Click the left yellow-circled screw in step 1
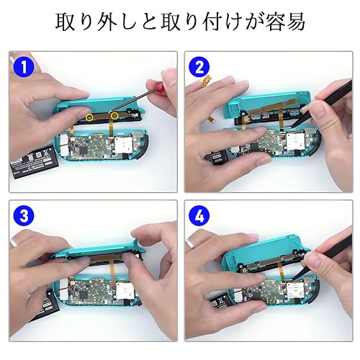pos(89,116)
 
